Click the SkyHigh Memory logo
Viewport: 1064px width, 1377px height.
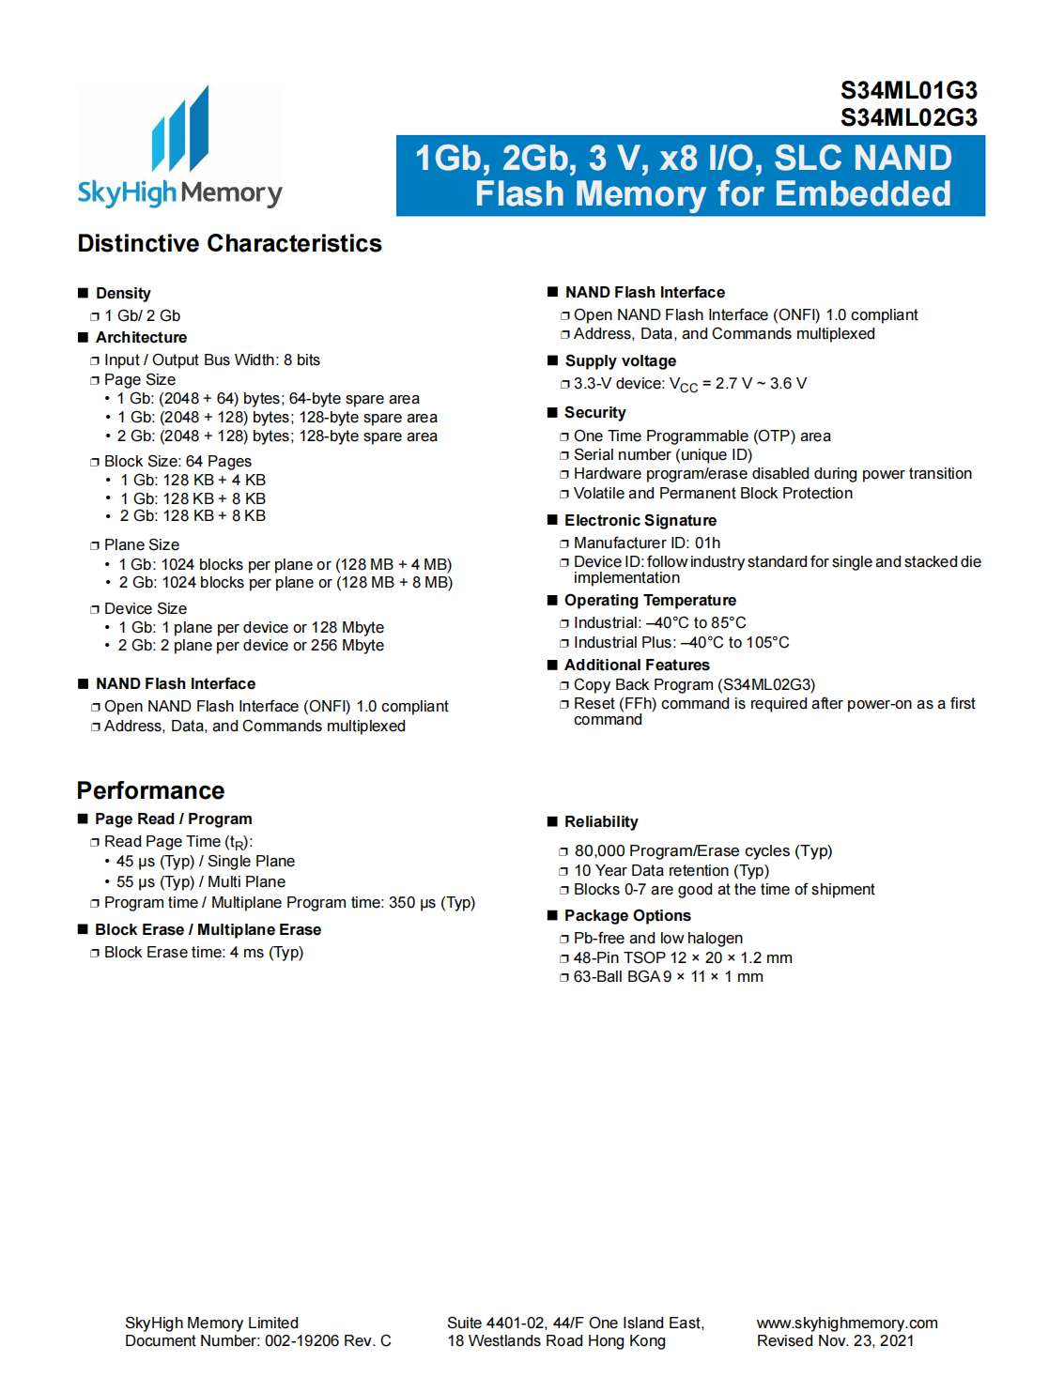click(x=179, y=148)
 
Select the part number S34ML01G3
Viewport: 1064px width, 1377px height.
click(x=908, y=91)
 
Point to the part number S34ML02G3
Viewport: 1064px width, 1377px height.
click(x=908, y=118)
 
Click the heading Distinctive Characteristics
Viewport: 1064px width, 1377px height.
click(x=229, y=244)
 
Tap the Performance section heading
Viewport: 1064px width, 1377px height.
click(x=150, y=790)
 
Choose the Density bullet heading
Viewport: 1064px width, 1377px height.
click(x=123, y=294)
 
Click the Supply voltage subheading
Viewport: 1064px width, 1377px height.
click(x=620, y=361)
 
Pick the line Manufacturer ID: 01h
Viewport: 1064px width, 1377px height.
click(x=647, y=543)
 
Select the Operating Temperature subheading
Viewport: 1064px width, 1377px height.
click(x=650, y=601)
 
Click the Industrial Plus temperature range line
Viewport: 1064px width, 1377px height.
click(x=681, y=643)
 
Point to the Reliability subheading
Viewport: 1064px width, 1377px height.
click(x=601, y=822)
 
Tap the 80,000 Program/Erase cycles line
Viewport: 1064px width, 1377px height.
click(x=702, y=851)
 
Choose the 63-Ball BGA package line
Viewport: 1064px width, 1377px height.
click(x=668, y=977)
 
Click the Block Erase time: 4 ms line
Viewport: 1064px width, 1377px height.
click(x=203, y=953)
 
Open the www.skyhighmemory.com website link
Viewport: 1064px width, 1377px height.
click(x=847, y=1323)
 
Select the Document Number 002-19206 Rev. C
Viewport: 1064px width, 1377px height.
click(x=257, y=1341)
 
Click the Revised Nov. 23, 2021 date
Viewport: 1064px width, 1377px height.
click(x=835, y=1341)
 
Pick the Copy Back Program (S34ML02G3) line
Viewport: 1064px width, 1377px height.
click(x=694, y=685)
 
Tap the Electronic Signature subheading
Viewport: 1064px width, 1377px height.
click(x=640, y=521)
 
